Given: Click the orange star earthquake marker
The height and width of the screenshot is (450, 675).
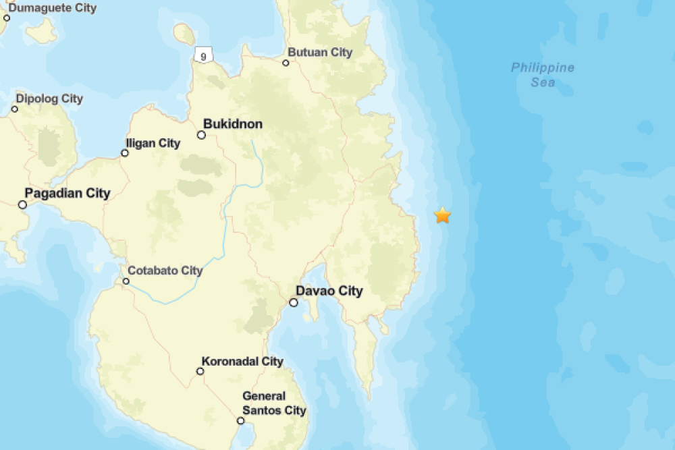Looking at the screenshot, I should [x=442, y=215].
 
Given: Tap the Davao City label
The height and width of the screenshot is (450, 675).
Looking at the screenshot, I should [x=329, y=291].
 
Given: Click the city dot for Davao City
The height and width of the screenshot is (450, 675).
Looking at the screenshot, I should [x=294, y=302].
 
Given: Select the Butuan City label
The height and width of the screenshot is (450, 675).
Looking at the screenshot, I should [x=320, y=52].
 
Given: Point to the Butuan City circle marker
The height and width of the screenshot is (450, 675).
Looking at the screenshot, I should [x=286, y=63].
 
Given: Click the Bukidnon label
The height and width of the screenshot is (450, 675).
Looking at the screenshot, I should [x=233, y=124].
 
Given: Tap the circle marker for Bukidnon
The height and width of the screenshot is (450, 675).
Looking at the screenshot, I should [x=201, y=135].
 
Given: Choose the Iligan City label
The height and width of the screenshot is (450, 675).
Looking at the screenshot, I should [x=153, y=143].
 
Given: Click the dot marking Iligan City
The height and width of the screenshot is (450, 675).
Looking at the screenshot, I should [x=125, y=153].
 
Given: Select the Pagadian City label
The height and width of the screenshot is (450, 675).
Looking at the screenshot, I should [x=67, y=194].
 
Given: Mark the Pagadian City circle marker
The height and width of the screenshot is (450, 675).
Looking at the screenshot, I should [x=22, y=204].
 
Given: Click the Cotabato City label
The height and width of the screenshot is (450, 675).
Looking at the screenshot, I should [x=165, y=271].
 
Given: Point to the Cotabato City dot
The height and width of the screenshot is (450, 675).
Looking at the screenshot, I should [x=126, y=281].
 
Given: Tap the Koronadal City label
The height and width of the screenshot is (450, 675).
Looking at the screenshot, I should [x=242, y=362].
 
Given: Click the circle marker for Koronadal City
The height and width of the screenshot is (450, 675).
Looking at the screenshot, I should [x=200, y=371].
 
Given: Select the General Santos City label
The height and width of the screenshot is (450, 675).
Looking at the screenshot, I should [x=274, y=403].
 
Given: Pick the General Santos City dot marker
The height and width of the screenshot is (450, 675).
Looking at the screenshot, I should [x=240, y=421].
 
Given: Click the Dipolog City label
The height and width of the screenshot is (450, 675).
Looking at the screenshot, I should [x=49, y=99].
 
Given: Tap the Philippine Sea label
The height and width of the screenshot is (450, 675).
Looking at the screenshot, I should [x=543, y=74].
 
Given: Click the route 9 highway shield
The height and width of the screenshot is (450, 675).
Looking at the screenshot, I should [x=203, y=55].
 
